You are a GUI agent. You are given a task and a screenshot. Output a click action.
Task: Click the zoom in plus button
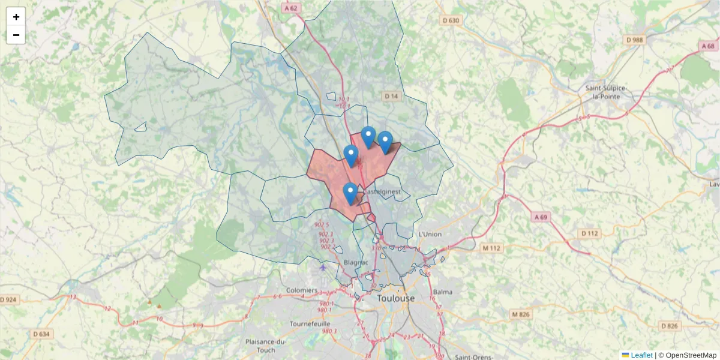pos(16,17)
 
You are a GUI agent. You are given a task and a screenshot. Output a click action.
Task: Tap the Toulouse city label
pos(395,298)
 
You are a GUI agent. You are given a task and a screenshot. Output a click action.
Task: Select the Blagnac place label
pos(356,263)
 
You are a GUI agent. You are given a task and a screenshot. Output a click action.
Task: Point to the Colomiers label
pos(302,290)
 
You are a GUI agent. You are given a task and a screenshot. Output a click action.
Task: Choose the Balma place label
pos(443,292)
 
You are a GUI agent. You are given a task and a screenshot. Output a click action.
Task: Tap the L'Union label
pos(430,234)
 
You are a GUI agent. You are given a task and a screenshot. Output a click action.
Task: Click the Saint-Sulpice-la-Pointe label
pos(606,92)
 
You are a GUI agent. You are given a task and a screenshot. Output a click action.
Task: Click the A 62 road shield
pos(291,8)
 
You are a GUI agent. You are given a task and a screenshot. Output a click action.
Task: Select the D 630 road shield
pos(451,21)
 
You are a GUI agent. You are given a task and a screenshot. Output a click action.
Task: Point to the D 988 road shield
pos(634,40)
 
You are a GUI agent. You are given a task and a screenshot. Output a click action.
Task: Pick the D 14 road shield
pos(391,96)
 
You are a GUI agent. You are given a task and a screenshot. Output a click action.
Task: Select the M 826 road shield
pos(521,314)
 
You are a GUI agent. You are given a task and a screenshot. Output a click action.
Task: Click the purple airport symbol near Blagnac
pos(324,267)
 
